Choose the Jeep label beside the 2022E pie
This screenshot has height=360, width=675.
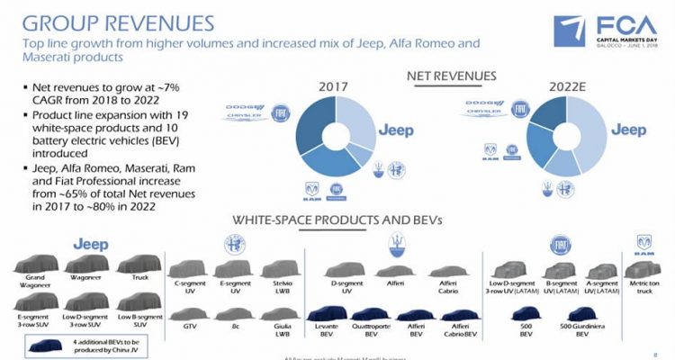point(628,130)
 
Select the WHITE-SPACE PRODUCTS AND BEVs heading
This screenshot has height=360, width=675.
point(337,220)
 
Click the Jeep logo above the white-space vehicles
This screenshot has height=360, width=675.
point(90,243)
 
